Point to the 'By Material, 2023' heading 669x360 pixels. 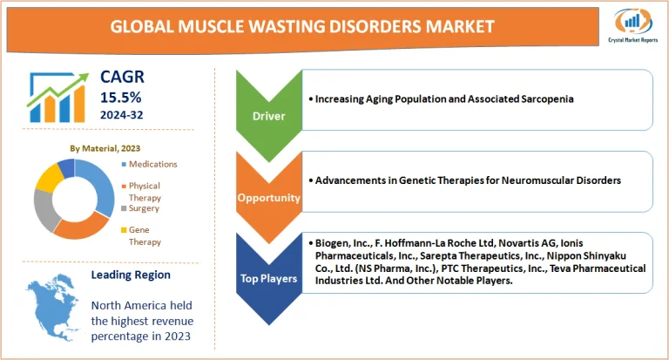(x=105, y=148)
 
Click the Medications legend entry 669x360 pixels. (x=153, y=164)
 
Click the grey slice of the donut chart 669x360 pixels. (x=44, y=210)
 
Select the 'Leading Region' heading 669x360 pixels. (x=132, y=275)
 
